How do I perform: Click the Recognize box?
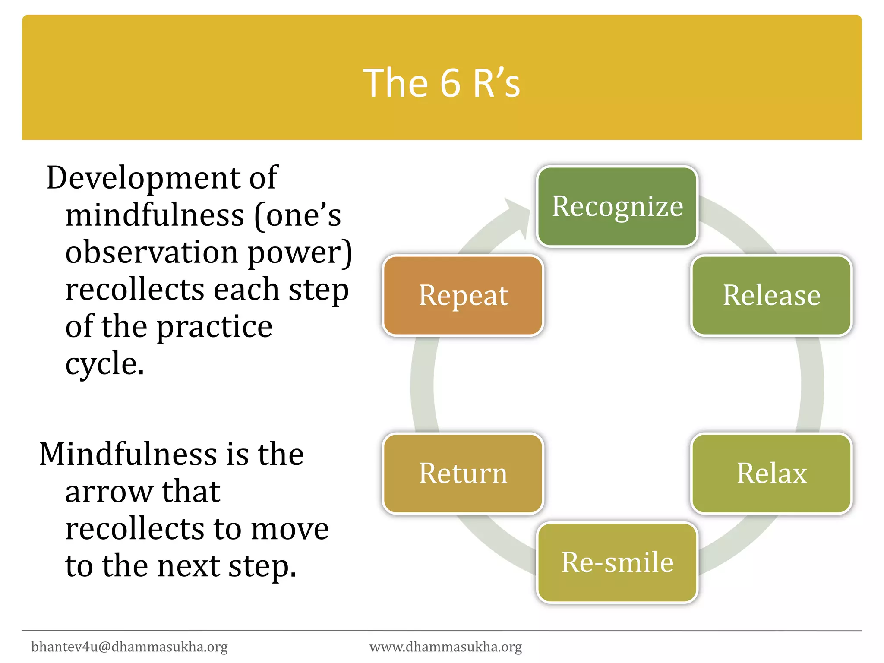pos(617,206)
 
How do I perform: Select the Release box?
pos(771,295)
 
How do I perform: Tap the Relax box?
pos(771,474)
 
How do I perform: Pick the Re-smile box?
pos(617,562)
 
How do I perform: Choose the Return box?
pos(463,474)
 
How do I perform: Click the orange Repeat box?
pos(463,295)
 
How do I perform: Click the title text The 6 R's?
pos(442,83)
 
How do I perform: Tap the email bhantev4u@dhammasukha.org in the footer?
pos(129,647)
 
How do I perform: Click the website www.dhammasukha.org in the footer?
pos(446,647)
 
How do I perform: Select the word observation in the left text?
pos(152,252)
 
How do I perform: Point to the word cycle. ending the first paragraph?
pos(104,364)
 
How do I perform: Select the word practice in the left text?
pos(214,327)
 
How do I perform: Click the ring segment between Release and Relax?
pos(811,384)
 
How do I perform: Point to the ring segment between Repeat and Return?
pos(423,384)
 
